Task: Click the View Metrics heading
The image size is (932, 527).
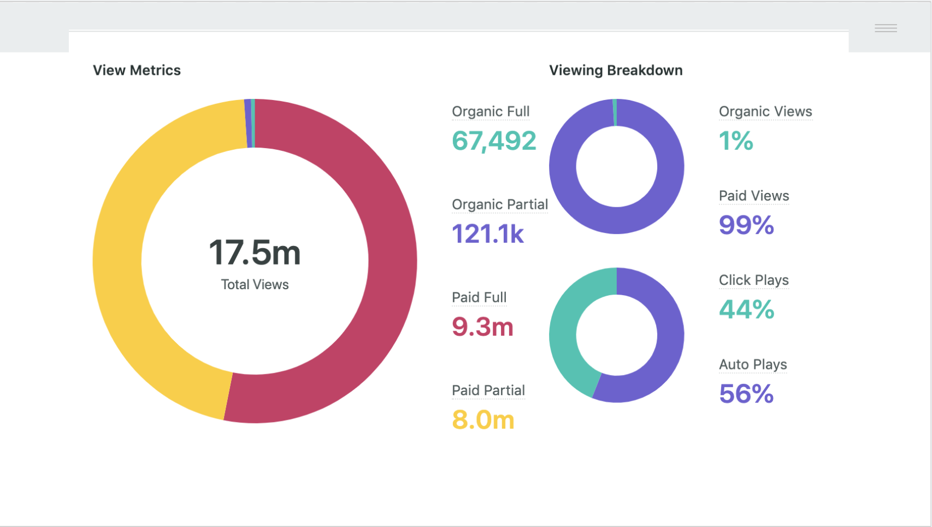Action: [x=137, y=71]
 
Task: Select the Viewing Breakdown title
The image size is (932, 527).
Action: [x=616, y=71]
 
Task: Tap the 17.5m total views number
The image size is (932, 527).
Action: [x=255, y=252]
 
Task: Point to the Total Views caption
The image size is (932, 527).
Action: [x=255, y=284]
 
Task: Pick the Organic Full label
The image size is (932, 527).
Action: [x=491, y=112]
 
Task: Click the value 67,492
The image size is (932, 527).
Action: [x=494, y=140]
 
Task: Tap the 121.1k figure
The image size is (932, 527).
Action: [x=488, y=233]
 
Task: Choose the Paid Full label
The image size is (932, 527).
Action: [x=479, y=297]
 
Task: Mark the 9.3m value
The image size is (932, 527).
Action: [x=482, y=326]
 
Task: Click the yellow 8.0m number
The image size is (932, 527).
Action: [x=483, y=420]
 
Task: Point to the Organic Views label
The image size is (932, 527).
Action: [x=765, y=112]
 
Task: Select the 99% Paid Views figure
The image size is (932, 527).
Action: [x=746, y=225]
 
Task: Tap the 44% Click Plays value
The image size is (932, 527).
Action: [x=747, y=309]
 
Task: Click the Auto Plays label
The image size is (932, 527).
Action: [x=753, y=365]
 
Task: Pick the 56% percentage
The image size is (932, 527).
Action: [x=746, y=394]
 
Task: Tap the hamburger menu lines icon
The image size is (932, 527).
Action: [x=886, y=28]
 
